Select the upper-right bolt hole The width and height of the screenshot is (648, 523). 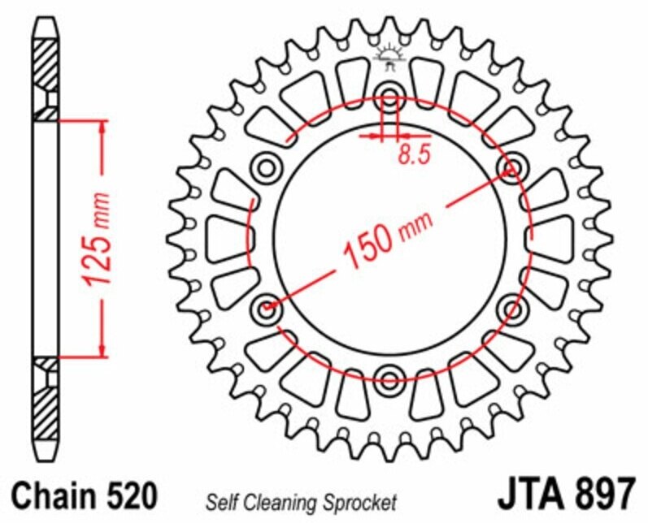pos(512,168)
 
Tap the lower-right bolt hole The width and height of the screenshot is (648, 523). pos(512,309)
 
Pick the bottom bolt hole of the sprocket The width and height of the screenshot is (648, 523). pos(389,377)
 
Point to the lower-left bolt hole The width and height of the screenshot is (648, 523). pos(266,309)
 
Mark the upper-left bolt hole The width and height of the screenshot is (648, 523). pos(266,168)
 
